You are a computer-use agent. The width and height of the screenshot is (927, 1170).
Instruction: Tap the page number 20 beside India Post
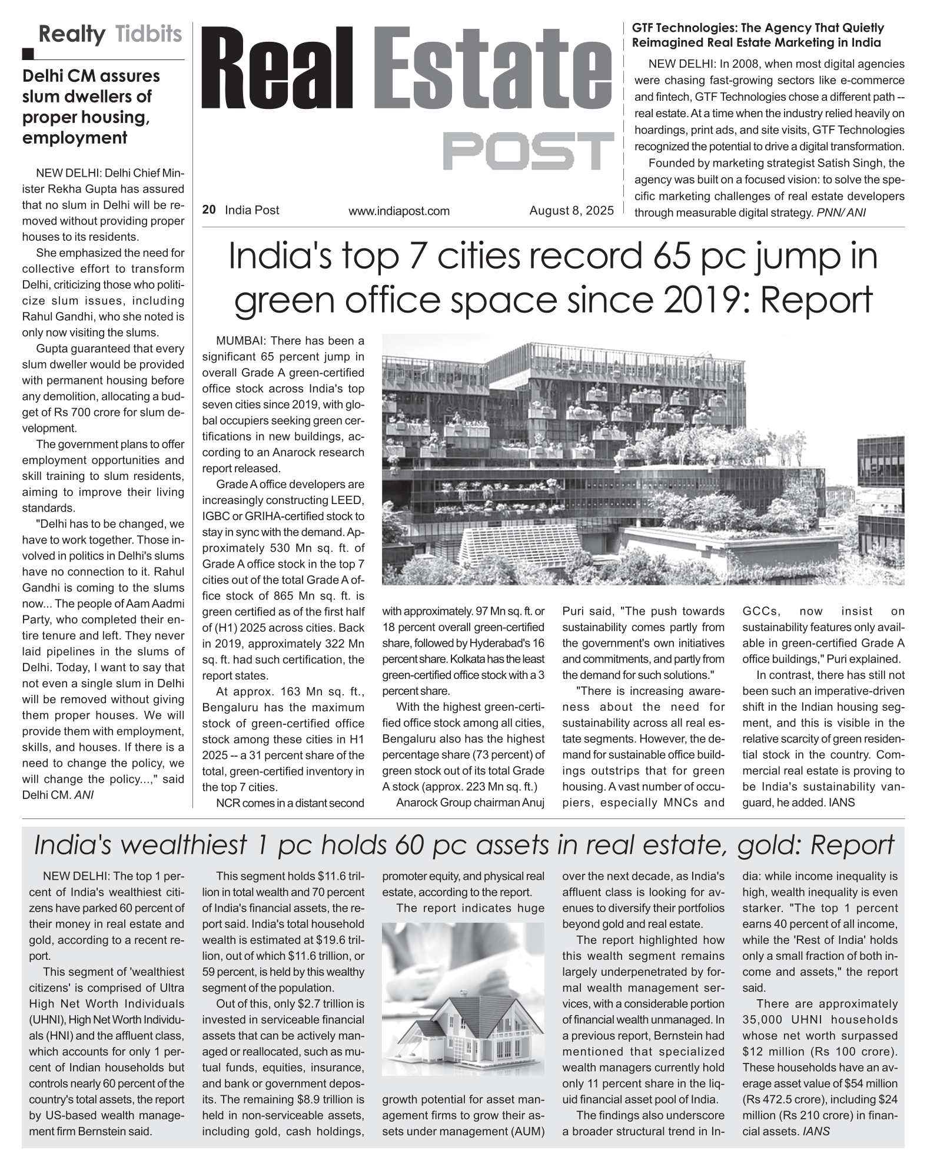[208, 210]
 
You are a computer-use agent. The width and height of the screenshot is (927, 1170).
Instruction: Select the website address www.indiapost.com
[398, 211]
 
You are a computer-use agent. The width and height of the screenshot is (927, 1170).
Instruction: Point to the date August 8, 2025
[571, 210]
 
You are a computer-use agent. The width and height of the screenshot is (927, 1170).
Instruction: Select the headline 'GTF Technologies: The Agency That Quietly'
[757, 28]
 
